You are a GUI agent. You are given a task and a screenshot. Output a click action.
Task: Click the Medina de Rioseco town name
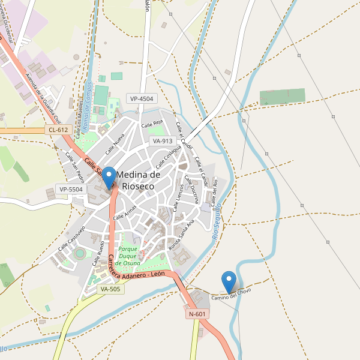pyautogui.click(x=138, y=180)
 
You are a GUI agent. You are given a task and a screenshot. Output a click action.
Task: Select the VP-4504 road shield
pyautogui.click(x=141, y=98)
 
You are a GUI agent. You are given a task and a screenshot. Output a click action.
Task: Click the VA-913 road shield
pyautogui.click(x=163, y=141)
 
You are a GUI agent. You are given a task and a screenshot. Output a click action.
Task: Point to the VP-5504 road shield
pyautogui.click(x=71, y=189)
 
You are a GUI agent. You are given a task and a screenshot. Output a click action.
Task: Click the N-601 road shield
pyautogui.click(x=197, y=314)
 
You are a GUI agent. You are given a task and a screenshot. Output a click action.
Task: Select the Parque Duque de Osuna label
pyautogui.click(x=128, y=256)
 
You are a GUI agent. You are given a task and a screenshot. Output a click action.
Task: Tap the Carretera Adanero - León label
pyautogui.click(x=136, y=268)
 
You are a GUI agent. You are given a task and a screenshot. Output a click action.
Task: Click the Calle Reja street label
pyautogui.click(x=152, y=124)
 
